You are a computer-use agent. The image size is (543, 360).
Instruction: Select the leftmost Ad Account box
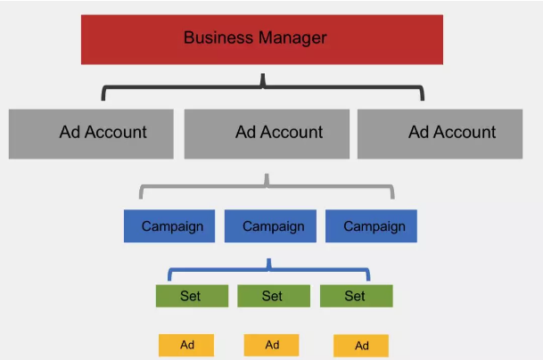tap(90, 133)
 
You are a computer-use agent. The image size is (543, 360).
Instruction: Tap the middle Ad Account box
tap(267, 133)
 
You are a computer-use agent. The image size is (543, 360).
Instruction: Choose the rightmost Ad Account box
tap(440, 133)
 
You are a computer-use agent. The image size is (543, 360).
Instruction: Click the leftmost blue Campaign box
tap(169, 226)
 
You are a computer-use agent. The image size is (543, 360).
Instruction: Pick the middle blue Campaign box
tap(270, 226)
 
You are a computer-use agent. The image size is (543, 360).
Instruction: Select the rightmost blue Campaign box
tap(371, 226)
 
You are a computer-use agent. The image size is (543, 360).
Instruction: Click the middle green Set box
tap(273, 296)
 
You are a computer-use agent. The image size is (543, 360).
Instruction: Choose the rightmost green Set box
tap(356, 296)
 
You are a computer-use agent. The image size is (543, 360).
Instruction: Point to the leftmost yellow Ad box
tap(186, 345)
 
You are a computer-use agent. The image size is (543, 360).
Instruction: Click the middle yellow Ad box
tap(272, 345)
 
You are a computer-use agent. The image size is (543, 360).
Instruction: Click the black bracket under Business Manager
tap(263, 87)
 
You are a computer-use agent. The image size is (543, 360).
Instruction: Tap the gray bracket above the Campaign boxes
tap(267, 185)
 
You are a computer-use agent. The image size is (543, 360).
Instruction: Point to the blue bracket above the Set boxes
tap(269, 266)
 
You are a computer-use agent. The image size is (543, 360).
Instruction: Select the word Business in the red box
tap(214, 38)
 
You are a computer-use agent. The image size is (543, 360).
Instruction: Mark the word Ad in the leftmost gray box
tap(70, 133)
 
